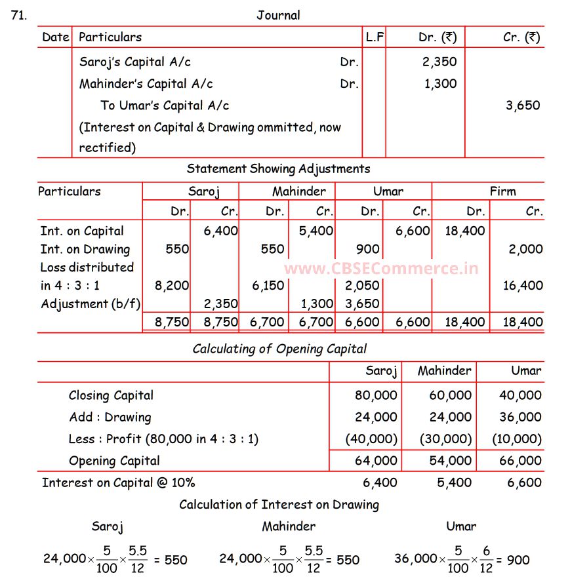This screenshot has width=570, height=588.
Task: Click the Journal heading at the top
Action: (x=278, y=15)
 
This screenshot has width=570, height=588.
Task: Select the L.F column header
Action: (x=375, y=37)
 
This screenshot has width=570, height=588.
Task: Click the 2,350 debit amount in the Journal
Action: (x=440, y=62)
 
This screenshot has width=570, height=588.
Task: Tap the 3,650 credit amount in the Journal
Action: (x=523, y=105)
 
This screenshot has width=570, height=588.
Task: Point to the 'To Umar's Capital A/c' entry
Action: (x=165, y=105)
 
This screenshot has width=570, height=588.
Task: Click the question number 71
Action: (x=19, y=15)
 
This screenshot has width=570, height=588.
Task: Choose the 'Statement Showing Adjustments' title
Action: (x=278, y=168)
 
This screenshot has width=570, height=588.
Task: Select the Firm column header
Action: (x=502, y=191)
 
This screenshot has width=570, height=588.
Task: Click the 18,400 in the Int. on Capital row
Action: (x=465, y=231)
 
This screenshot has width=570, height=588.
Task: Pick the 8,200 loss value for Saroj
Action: (x=172, y=285)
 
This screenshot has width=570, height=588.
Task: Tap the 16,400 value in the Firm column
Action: (x=523, y=285)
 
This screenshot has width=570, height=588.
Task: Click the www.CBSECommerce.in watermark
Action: (x=381, y=268)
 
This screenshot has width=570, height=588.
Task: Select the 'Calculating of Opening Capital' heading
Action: (x=279, y=349)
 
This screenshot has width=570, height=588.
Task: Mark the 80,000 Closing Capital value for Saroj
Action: (x=376, y=395)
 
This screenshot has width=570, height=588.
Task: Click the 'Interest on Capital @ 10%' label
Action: (x=118, y=482)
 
